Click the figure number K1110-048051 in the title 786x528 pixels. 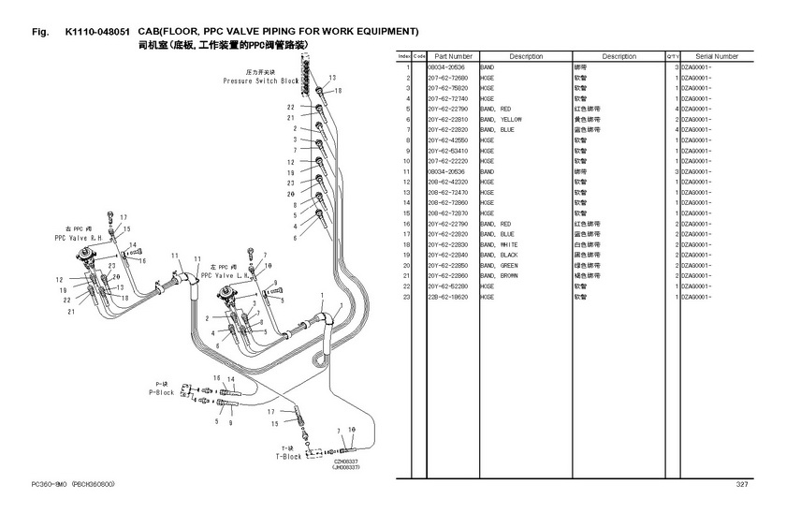[x=103, y=32]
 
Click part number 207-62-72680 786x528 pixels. [x=447, y=78]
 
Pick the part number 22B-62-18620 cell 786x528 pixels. [x=447, y=297]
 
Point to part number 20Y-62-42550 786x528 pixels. [x=447, y=140]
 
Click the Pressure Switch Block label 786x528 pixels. [x=261, y=81]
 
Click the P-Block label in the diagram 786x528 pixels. [x=162, y=392]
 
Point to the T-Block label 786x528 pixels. [x=288, y=456]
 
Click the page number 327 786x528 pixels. [x=742, y=484]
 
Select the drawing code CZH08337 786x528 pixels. [x=346, y=461]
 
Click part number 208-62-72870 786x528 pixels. [x=447, y=213]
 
